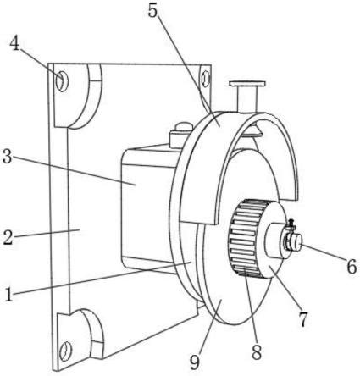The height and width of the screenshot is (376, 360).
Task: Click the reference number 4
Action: coord(15,44)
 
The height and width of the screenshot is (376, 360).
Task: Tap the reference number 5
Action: coord(152,10)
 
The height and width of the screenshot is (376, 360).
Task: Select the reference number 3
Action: coord(7,157)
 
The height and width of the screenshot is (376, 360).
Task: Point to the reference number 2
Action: coord(8,237)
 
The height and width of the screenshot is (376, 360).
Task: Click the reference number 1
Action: coord(9,294)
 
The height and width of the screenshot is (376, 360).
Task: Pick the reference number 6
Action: coord(352,266)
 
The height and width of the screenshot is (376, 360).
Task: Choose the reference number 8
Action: coord(257,351)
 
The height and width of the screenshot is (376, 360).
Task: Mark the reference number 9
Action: coord(195,362)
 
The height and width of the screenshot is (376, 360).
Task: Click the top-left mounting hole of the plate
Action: coord(62,81)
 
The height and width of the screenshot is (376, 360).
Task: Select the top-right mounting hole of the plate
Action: coord(206,78)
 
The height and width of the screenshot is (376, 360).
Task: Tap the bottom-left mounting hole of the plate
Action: coord(66,351)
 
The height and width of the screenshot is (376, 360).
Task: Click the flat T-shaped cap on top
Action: coord(247,84)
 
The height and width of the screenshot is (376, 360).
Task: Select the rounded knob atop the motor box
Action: coord(184,125)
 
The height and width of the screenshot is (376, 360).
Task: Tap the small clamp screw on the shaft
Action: coord(291,223)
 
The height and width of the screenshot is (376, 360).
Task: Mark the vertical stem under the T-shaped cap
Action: coord(247,99)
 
